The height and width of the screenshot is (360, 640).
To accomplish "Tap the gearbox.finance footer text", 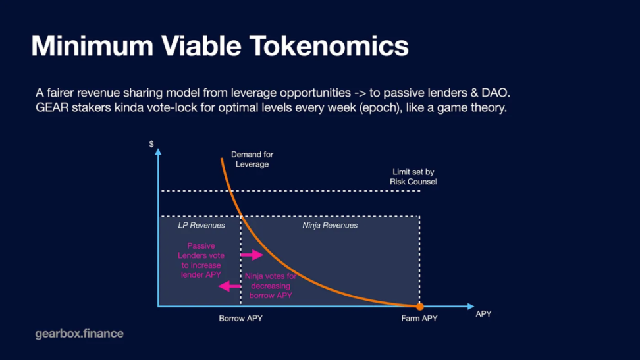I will [79, 334].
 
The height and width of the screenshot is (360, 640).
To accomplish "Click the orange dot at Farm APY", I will [419, 306].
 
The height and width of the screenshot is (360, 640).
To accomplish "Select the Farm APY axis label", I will [419, 319].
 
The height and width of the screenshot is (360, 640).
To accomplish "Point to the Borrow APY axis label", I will [241, 319].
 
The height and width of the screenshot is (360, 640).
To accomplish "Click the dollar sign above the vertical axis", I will [152, 144].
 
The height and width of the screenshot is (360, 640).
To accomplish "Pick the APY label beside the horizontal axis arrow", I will [483, 314].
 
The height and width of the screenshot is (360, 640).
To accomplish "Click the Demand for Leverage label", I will [252, 159].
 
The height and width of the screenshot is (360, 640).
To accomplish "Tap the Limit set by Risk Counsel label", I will [413, 176].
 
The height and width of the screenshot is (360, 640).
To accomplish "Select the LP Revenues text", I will [201, 225].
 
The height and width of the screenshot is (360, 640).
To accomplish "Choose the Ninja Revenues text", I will [330, 225].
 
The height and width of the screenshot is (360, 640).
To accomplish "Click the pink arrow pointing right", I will [252, 255].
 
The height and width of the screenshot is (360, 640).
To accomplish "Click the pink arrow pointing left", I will [230, 286].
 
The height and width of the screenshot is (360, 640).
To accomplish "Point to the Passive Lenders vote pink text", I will [201, 260].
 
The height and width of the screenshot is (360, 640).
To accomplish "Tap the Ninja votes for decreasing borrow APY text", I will [270, 286].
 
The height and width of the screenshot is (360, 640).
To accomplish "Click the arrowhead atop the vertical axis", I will [158, 152].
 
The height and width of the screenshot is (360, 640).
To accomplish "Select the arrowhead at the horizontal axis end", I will [470, 306].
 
